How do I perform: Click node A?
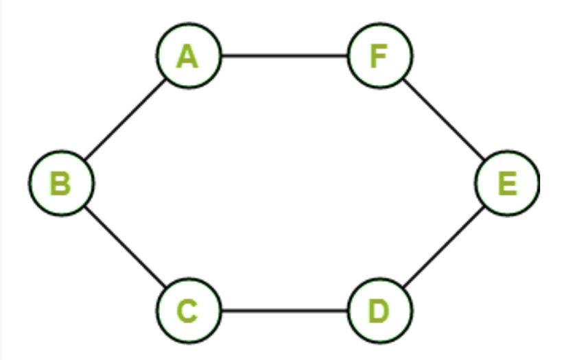click(188, 56)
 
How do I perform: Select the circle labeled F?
click(379, 56)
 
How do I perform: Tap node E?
click(508, 183)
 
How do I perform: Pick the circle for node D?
click(379, 311)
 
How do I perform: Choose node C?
click(188, 311)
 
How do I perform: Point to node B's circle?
click(61, 183)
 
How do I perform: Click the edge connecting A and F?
click(284, 56)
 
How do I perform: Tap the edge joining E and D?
click(444, 247)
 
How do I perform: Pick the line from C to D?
click(284, 311)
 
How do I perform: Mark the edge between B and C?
click(125, 247)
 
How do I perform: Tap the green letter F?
click(379, 57)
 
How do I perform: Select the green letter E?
click(507, 184)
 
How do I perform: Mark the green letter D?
click(379, 311)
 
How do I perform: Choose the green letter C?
click(187, 311)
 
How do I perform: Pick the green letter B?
click(60, 184)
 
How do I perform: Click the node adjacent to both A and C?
click(61, 183)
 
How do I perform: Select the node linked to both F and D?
click(508, 183)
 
